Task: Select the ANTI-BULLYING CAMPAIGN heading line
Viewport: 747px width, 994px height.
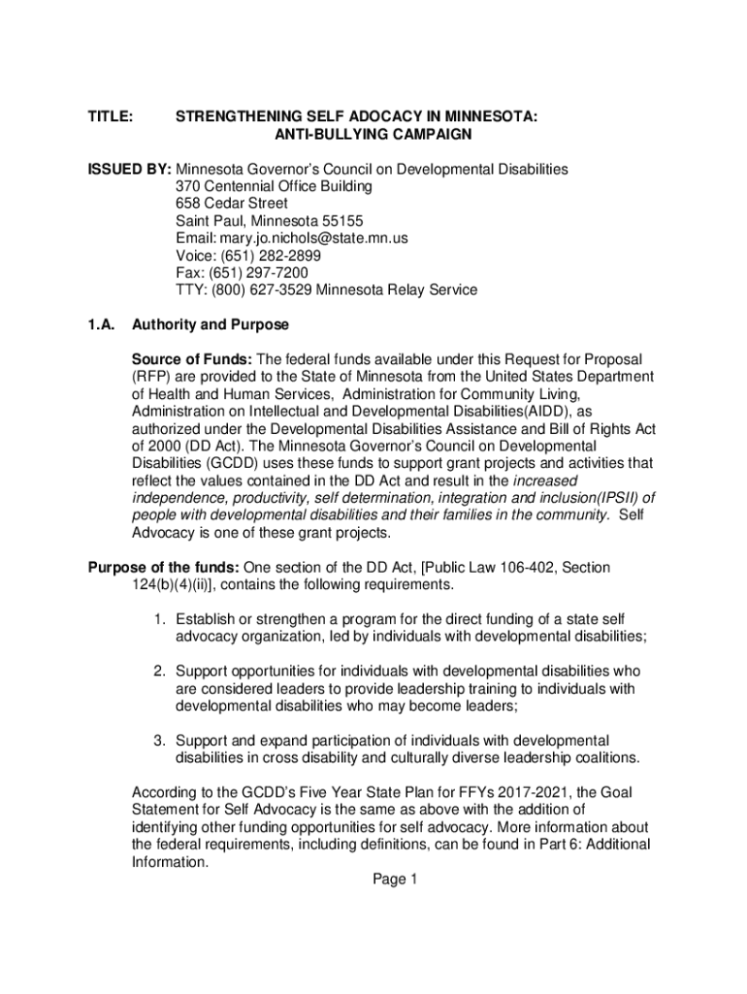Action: [x=356, y=134]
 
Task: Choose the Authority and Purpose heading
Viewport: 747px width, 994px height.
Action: [x=211, y=324]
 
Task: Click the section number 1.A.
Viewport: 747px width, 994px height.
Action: [x=102, y=324]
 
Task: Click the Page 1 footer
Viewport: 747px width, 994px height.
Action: [x=395, y=879]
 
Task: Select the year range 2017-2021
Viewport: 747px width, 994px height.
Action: [x=523, y=792]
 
